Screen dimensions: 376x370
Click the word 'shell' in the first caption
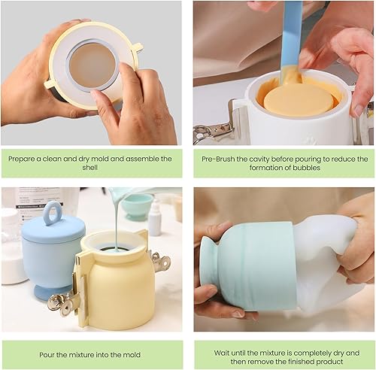[x=89, y=168]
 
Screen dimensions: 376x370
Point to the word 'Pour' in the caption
[x=46, y=355]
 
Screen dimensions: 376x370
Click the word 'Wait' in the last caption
[x=221, y=353]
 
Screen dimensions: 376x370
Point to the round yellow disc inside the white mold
[x=299, y=100]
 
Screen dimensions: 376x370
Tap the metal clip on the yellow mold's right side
[x=160, y=259]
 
